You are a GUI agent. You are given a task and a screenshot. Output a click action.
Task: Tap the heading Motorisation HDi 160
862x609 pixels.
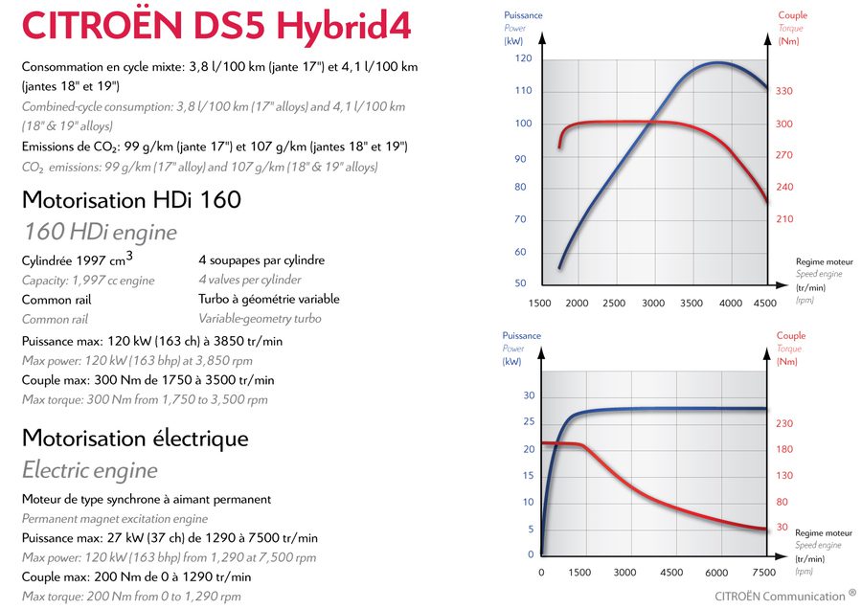click(130, 200)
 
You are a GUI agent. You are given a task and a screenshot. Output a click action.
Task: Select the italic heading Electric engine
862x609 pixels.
click(89, 470)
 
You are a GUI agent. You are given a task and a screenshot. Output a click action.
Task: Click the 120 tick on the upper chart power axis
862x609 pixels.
click(522, 58)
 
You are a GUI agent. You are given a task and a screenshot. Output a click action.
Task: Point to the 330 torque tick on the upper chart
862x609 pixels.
click(784, 91)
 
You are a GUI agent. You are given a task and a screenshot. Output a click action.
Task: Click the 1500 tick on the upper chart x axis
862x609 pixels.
click(539, 304)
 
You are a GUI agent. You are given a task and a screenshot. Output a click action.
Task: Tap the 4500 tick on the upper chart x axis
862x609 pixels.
click(765, 304)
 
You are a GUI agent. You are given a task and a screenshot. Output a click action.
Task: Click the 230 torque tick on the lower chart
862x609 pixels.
click(784, 423)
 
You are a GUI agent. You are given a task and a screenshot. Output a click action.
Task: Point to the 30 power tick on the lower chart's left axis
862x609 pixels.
click(529, 396)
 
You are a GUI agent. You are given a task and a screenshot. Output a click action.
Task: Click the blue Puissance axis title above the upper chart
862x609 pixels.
click(522, 15)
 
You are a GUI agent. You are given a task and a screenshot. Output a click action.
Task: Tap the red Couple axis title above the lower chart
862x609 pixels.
click(791, 336)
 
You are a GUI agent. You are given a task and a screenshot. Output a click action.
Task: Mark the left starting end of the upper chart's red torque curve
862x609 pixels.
click(559, 147)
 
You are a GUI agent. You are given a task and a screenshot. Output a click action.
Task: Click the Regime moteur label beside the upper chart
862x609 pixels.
click(824, 261)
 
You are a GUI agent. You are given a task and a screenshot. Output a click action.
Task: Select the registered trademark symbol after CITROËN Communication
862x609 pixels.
click(852, 593)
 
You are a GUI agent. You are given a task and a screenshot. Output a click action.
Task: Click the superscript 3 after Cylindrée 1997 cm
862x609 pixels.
click(129, 255)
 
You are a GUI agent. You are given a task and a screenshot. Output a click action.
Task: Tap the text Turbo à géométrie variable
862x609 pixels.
click(269, 299)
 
